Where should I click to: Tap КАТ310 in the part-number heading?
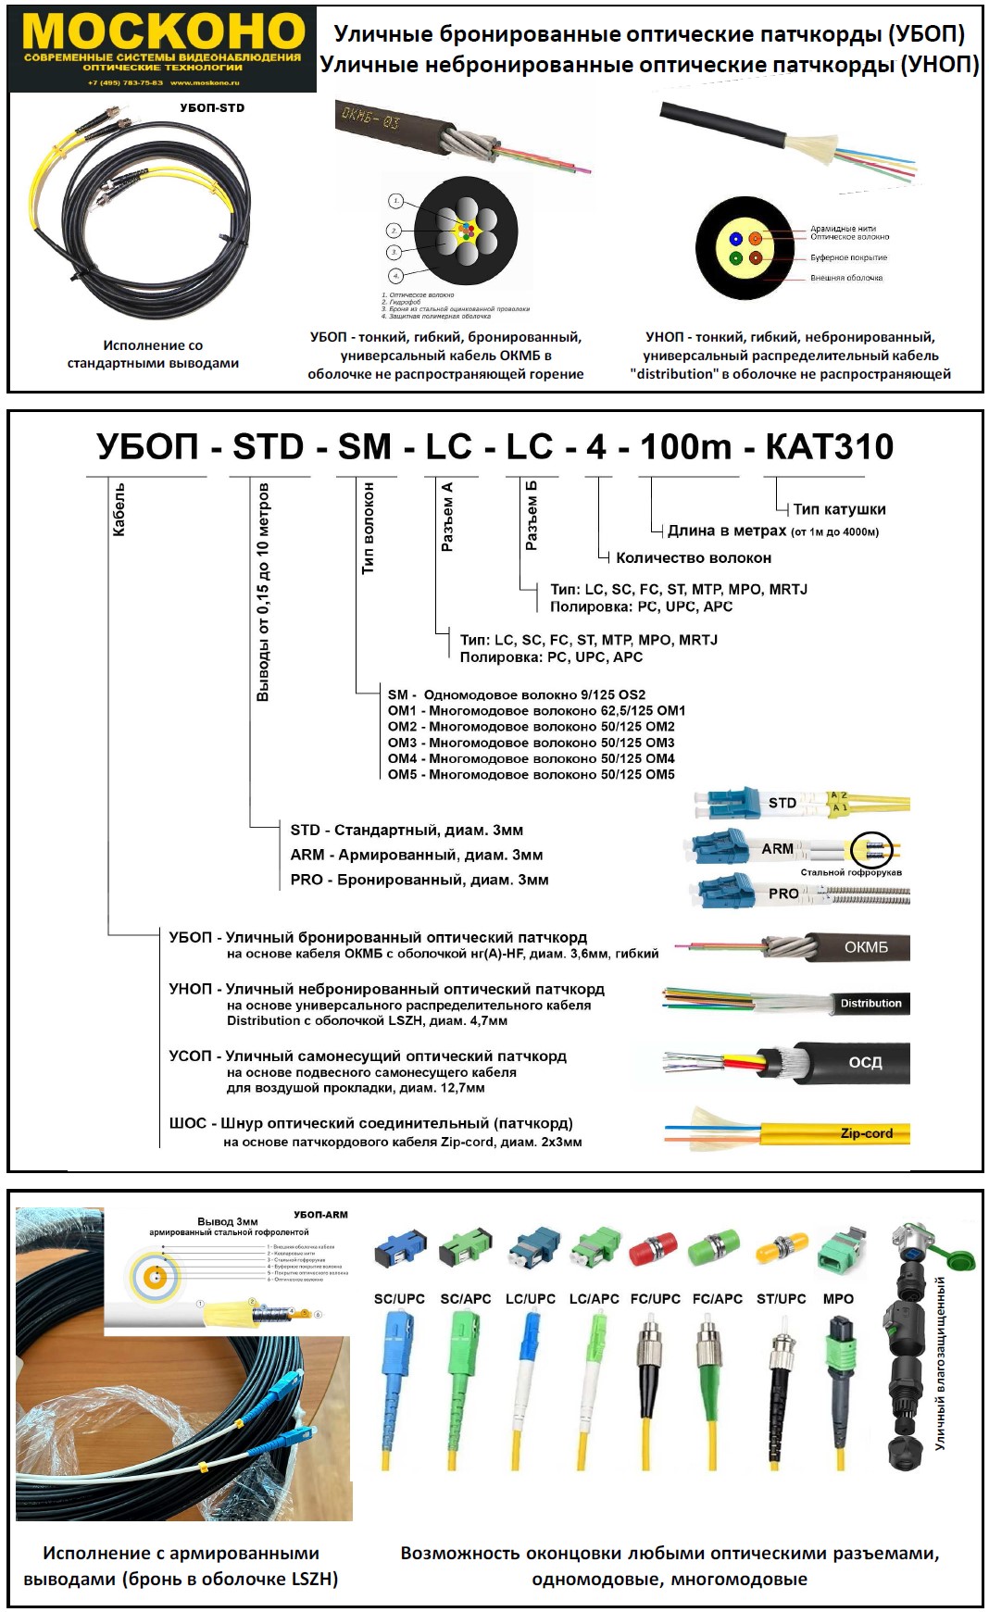[x=829, y=447]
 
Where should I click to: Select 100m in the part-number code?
[x=685, y=447]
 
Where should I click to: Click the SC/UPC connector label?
[x=399, y=1299]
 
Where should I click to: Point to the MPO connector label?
[x=838, y=1299]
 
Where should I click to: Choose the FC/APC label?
[x=718, y=1299]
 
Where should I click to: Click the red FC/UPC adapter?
[x=653, y=1250]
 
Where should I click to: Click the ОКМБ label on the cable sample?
[x=866, y=947]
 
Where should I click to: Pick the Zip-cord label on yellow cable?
[x=867, y=1133]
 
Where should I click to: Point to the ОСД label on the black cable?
[x=866, y=1062]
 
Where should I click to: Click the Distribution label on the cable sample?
[x=870, y=1003]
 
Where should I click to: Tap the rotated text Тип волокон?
[x=369, y=528]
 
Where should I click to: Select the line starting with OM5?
[x=532, y=774]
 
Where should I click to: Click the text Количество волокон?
[x=694, y=557]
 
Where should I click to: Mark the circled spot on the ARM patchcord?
[x=871, y=847]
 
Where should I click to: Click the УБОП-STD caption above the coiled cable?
[x=212, y=107]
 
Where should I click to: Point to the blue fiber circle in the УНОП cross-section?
[x=735, y=238]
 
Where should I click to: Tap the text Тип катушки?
[x=839, y=509]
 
